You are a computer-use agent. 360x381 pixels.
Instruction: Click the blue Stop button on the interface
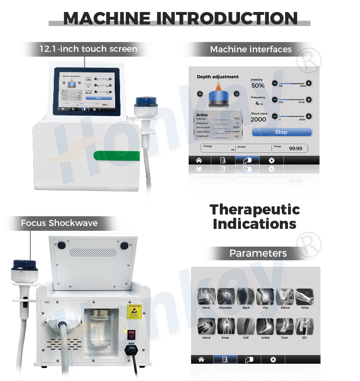coord(281,132)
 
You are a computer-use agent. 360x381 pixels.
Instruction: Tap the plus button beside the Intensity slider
coord(309,83)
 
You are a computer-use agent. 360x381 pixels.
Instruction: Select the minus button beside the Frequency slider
coord(275,100)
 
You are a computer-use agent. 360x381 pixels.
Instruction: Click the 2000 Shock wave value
coord(258,119)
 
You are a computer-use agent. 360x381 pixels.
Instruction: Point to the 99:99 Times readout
coord(295,149)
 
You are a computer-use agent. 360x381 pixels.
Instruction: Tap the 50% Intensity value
coord(258,85)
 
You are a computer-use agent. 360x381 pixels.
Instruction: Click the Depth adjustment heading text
coord(217,77)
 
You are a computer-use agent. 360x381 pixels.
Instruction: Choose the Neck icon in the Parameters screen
coord(206,297)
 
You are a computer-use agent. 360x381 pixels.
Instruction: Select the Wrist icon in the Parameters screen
coord(305,297)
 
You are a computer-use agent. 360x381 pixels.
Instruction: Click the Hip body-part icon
coord(265,297)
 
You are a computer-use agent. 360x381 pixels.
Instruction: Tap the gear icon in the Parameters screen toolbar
coord(273,359)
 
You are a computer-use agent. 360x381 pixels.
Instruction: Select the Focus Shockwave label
coord(59,223)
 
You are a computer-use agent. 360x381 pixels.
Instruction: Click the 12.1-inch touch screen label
coord(88,48)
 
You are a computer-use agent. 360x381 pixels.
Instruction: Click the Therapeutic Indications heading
coord(255,216)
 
